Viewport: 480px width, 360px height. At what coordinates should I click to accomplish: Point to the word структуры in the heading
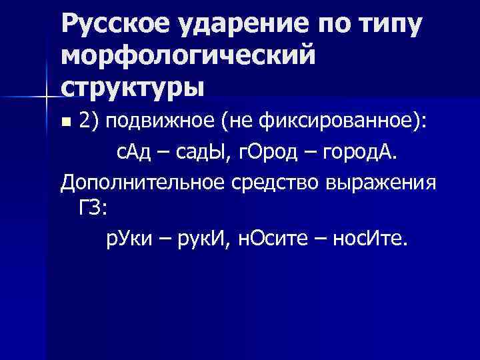coord(130,87)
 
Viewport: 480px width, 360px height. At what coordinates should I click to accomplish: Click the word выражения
coord(381,183)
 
